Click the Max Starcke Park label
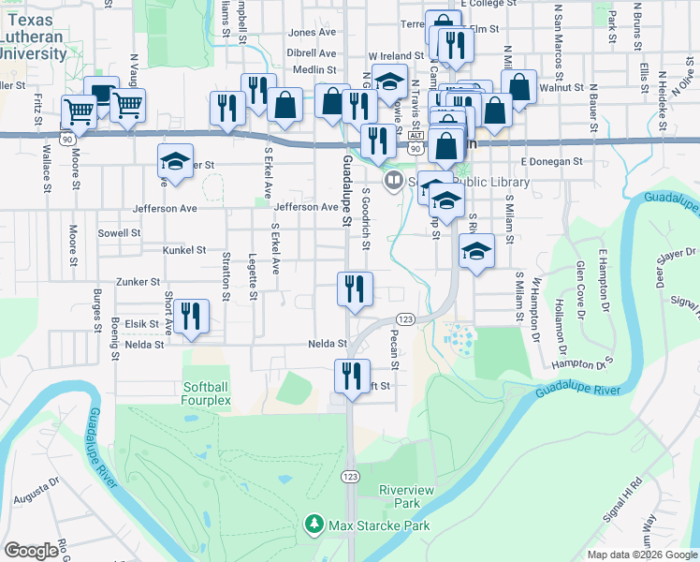point(379,525)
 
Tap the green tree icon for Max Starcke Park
point(315,525)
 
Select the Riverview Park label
point(406,496)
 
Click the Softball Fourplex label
point(207,393)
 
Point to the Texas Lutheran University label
point(32,37)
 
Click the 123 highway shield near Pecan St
point(405,318)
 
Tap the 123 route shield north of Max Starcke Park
point(350,477)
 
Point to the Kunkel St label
point(183,250)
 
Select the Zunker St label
point(138,281)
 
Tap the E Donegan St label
point(552,161)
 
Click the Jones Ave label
point(313,32)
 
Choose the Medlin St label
point(314,69)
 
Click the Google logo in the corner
point(33,551)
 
